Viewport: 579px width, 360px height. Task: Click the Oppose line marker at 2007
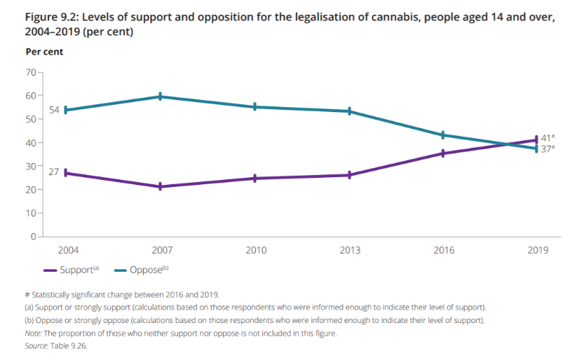tap(161, 97)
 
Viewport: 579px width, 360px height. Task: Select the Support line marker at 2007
tap(161, 186)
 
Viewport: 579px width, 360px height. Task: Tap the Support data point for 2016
tap(443, 153)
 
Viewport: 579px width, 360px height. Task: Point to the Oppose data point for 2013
tap(349, 111)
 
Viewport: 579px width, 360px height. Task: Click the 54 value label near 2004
tap(54, 110)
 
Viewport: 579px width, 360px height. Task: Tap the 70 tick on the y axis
tap(31, 72)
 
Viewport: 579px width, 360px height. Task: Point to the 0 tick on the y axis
tap(33, 237)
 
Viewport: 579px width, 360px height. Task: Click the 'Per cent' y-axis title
tap(44, 52)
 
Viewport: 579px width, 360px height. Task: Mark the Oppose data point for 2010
tap(255, 107)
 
